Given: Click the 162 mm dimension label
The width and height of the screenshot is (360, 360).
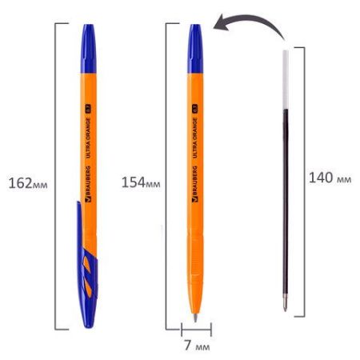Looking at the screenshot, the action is [28, 183].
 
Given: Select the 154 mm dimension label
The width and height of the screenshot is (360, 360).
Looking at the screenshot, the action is [141, 182].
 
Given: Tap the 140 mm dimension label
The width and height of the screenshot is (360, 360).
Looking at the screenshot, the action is [330, 178].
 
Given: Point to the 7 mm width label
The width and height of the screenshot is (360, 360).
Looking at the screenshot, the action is [197, 346].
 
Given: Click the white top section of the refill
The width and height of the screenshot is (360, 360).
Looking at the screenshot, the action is [286, 79].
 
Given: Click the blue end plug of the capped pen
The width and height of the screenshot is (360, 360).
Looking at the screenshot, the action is [89, 49].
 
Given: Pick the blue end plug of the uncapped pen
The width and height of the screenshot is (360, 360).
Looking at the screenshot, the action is [195, 49].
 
